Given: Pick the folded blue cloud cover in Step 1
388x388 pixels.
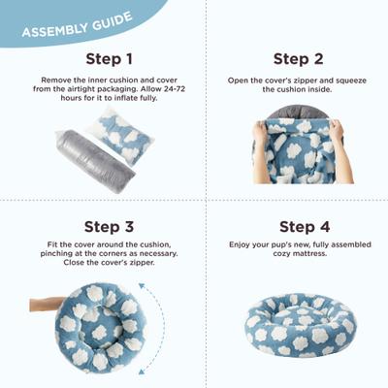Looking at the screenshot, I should [x=122, y=135].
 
